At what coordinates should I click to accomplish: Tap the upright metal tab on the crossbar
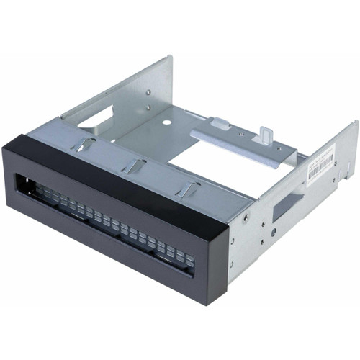pos(266,134)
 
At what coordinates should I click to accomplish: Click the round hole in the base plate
pos(166,122)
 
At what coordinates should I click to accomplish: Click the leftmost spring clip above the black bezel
pos(84,145)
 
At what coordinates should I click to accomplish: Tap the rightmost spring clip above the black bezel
pos(189,189)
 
